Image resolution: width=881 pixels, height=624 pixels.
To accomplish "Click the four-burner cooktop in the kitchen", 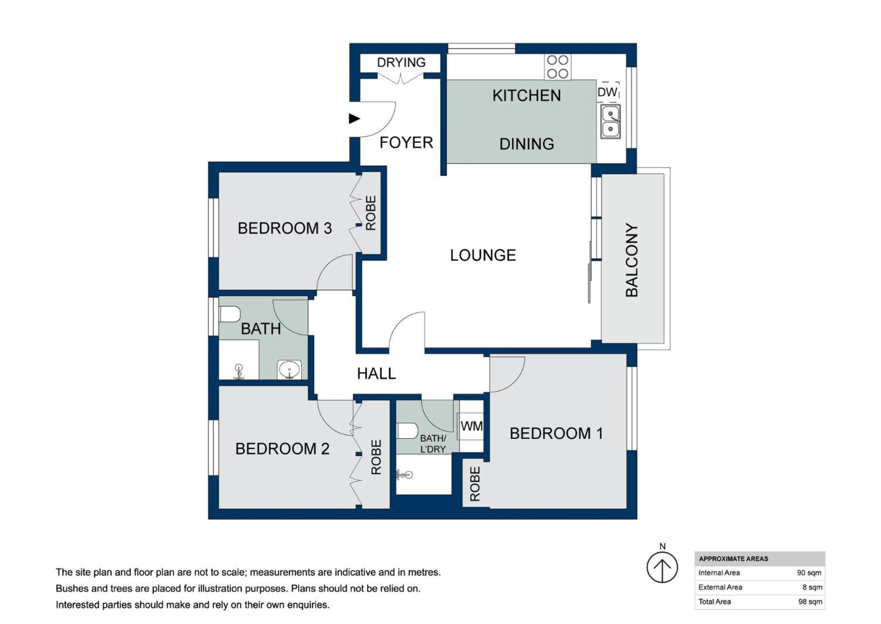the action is [557, 67].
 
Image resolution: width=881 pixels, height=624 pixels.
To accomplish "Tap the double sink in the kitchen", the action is [611, 121].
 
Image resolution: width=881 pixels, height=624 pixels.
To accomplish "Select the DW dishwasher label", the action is [607, 92].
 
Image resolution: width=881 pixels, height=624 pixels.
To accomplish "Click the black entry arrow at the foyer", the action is [354, 118].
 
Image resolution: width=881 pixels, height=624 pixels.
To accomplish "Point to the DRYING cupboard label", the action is [401, 62].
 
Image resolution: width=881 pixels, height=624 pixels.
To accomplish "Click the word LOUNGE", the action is [483, 255].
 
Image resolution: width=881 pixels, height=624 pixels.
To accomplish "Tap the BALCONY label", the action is [632, 260].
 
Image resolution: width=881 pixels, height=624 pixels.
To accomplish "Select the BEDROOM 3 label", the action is [285, 228].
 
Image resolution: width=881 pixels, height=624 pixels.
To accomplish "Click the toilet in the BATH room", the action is [230, 315].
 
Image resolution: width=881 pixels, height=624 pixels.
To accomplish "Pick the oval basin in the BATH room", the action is [289, 369].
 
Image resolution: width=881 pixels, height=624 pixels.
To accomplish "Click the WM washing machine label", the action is [471, 426].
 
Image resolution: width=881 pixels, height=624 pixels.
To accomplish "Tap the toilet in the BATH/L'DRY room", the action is [407, 431].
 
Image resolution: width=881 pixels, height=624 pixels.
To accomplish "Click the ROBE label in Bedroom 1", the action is [475, 484].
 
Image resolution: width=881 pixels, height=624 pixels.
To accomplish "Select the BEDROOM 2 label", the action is [282, 449].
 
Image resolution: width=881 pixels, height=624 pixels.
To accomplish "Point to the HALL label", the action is [376, 374].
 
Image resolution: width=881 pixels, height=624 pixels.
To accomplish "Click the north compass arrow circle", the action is [662, 567].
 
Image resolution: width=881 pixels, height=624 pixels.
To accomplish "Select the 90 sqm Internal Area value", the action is [809, 573].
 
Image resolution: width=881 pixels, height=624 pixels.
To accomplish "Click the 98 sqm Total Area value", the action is [810, 602].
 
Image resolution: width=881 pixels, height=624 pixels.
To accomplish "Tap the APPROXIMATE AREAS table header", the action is [733, 559].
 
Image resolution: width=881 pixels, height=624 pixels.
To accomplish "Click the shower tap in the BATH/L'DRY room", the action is [404, 475].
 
